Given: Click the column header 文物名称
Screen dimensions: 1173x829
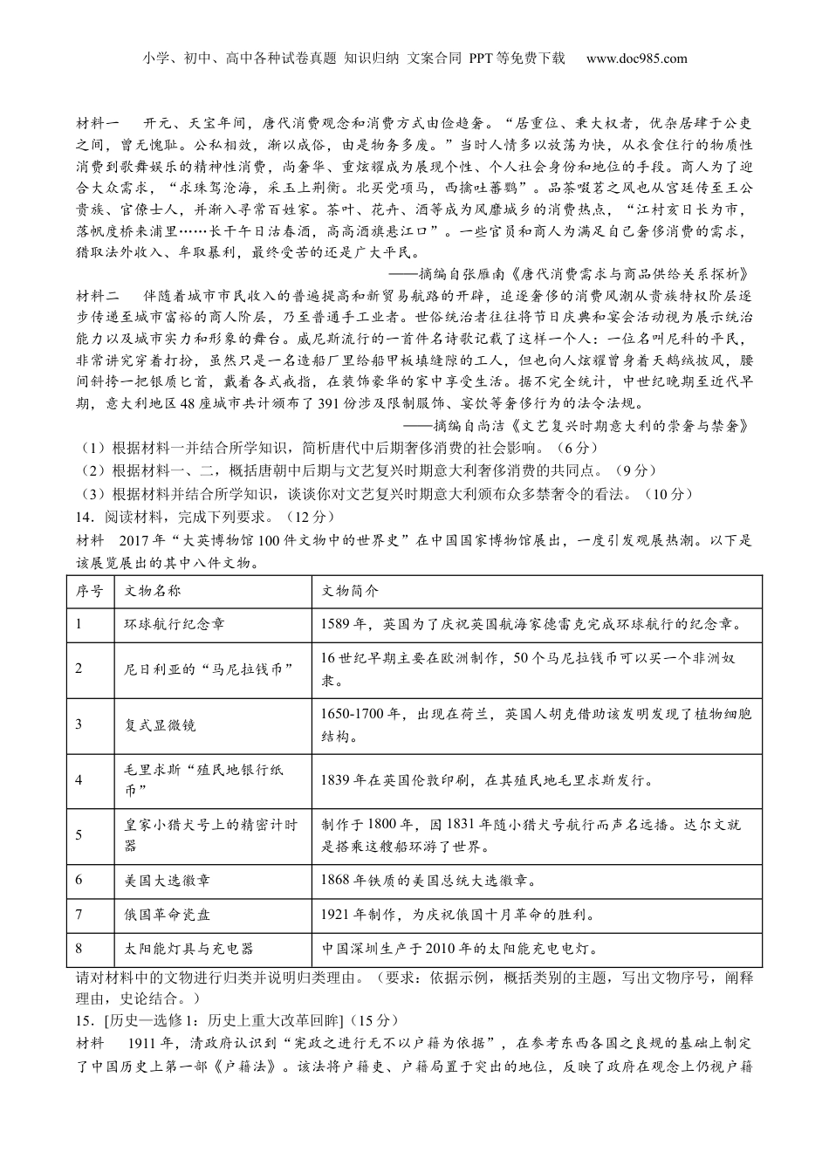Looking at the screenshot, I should point(154,591).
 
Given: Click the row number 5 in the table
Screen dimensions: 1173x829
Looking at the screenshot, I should point(79,835).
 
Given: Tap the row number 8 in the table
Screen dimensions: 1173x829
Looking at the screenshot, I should point(79,949).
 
